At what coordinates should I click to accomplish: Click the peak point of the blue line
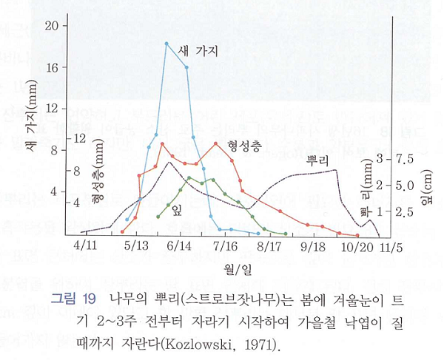(166, 44)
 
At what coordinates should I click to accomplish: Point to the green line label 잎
(177, 209)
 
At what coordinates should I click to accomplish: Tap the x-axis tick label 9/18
(314, 245)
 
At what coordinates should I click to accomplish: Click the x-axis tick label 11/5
(390, 245)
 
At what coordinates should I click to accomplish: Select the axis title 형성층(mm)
(95, 180)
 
